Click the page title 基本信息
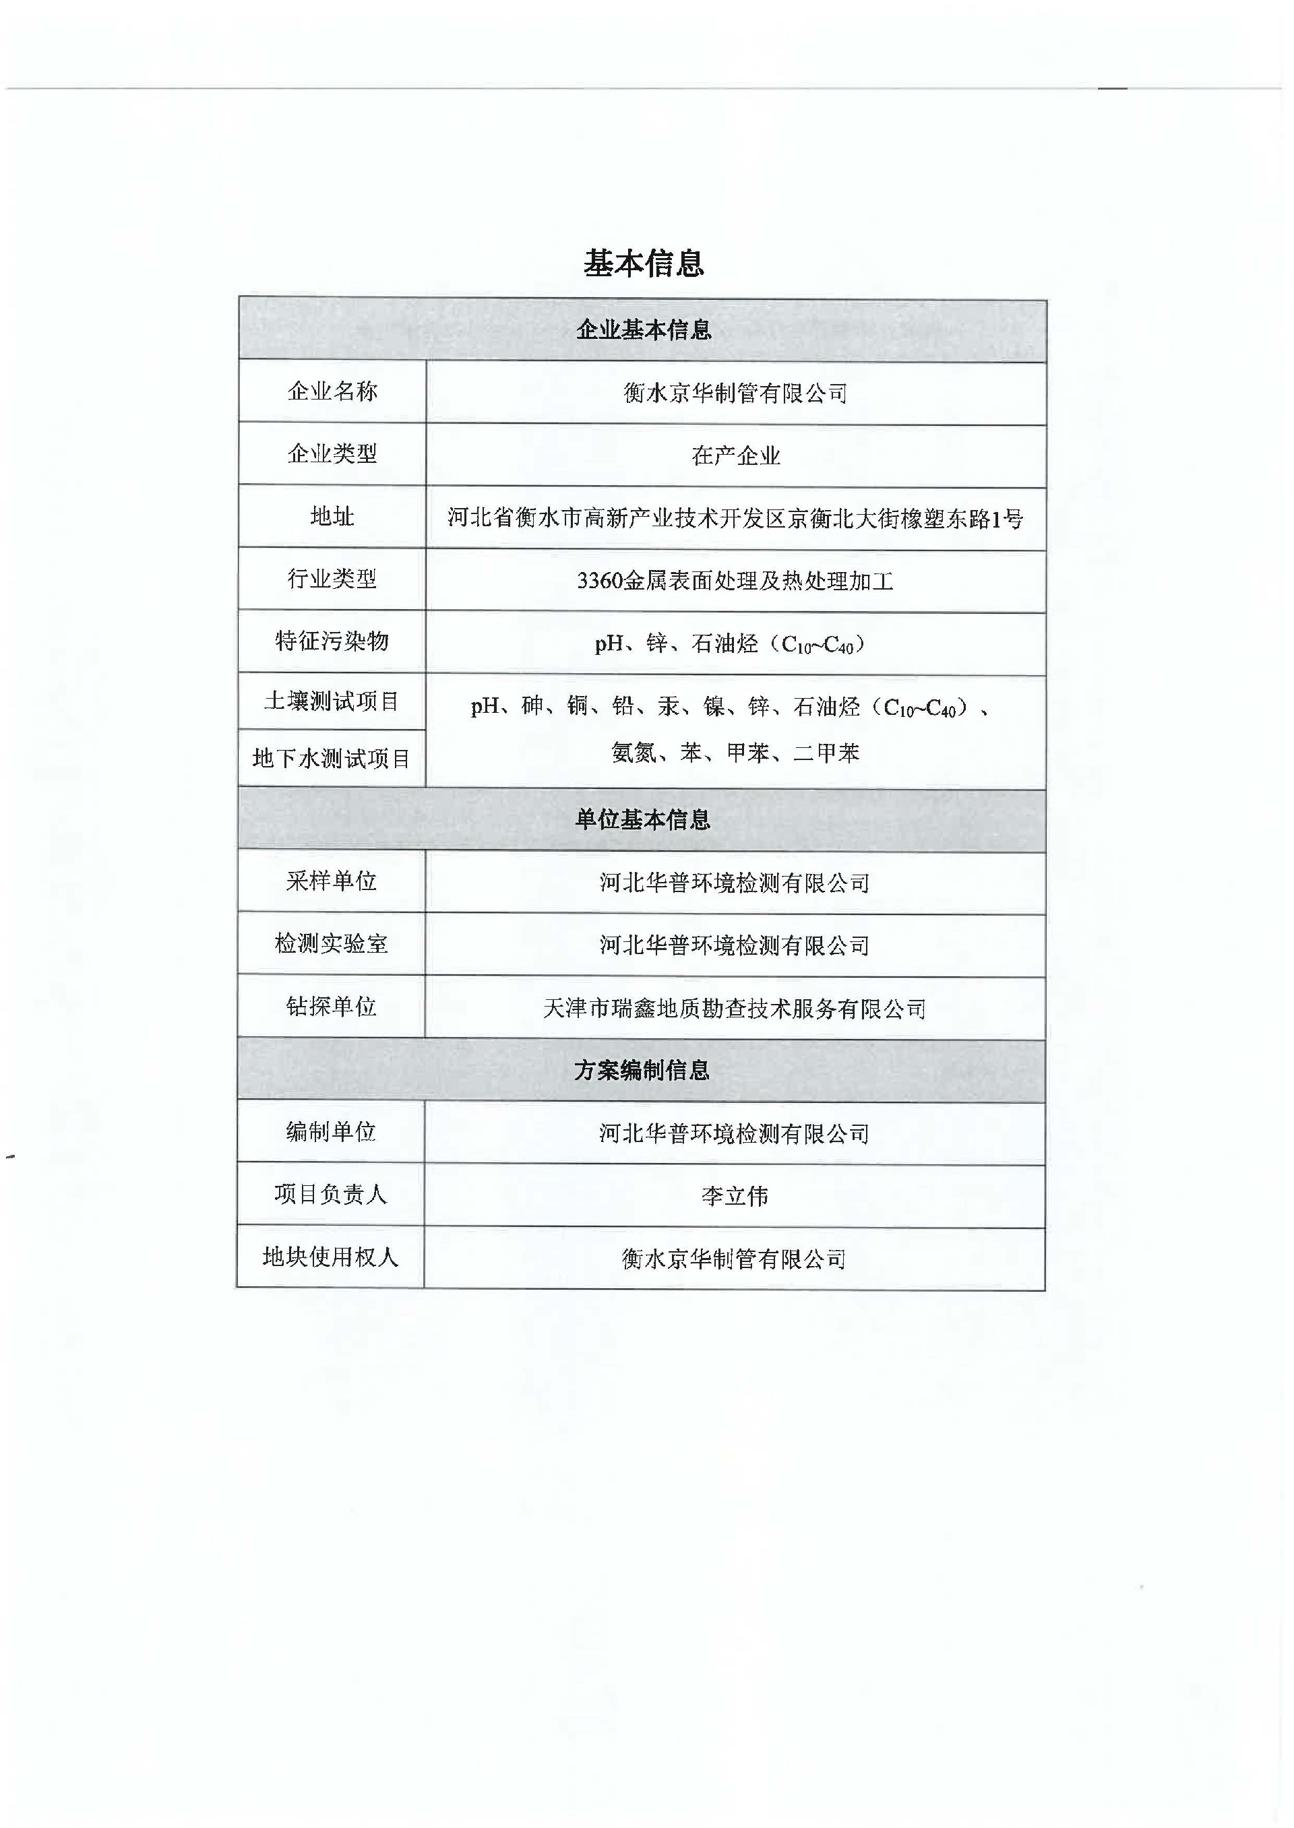(644, 263)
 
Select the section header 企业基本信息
(644, 329)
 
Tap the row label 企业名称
(332, 391)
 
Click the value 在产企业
(735, 455)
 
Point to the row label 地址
(332, 517)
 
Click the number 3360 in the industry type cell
(599, 581)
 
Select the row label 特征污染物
(332, 641)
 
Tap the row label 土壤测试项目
(332, 701)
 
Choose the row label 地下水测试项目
(332, 758)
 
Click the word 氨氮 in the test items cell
(634, 753)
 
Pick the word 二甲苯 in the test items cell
(826, 753)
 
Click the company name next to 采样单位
(735, 883)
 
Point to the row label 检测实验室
(332, 944)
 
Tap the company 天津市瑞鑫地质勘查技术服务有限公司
(735, 1009)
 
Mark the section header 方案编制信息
(642, 1070)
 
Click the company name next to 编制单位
(735, 1133)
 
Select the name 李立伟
(735, 1197)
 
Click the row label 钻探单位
(332, 1007)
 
